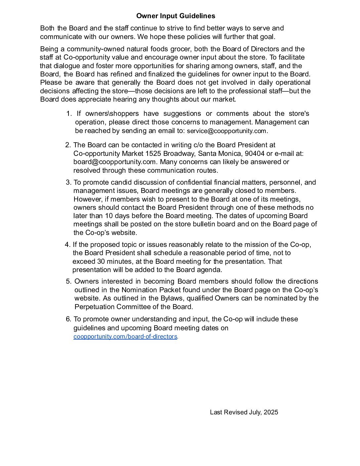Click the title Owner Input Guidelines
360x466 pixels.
click(175, 16)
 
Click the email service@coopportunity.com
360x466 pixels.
click(227, 131)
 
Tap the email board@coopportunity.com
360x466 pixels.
click(114, 162)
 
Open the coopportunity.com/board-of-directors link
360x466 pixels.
click(125, 337)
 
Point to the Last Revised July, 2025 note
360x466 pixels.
click(244, 412)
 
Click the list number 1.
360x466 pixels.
click(68, 114)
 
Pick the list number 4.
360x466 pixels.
click(67, 245)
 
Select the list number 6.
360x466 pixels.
click(68, 319)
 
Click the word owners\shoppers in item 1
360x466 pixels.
click(112, 114)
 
